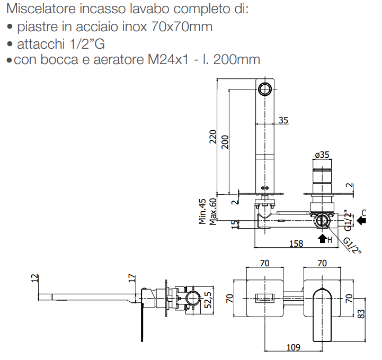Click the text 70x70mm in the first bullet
(x=181, y=26)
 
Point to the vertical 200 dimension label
(x=225, y=141)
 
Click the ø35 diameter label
(x=322, y=155)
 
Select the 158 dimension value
(x=297, y=243)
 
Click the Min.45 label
(x=202, y=211)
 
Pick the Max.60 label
(x=213, y=211)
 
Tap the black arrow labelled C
(x=361, y=222)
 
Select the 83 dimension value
(x=362, y=313)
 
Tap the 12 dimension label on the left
(x=35, y=278)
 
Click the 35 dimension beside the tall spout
(x=283, y=120)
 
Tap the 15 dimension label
(x=235, y=224)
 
